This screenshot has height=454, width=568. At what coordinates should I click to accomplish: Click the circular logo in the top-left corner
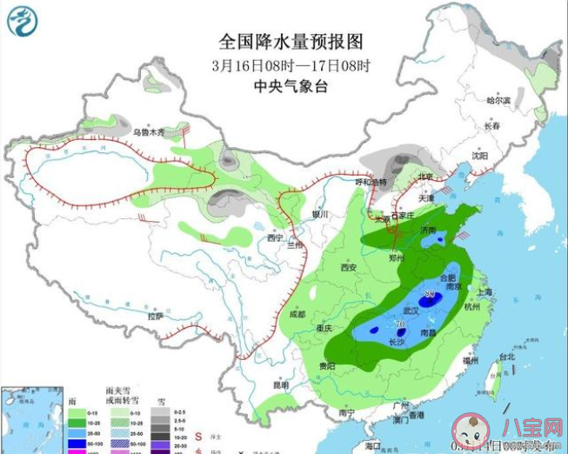[23, 21]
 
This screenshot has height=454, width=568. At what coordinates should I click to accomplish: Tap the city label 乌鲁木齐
[148, 133]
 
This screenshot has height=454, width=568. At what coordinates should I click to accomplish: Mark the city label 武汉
[411, 310]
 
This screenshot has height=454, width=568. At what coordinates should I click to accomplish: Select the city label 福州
[471, 359]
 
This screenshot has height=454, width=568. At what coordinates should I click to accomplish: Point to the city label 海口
[373, 444]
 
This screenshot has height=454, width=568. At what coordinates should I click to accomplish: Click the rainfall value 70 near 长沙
[400, 324]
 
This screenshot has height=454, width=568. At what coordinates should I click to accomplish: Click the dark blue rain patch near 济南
[440, 237]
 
